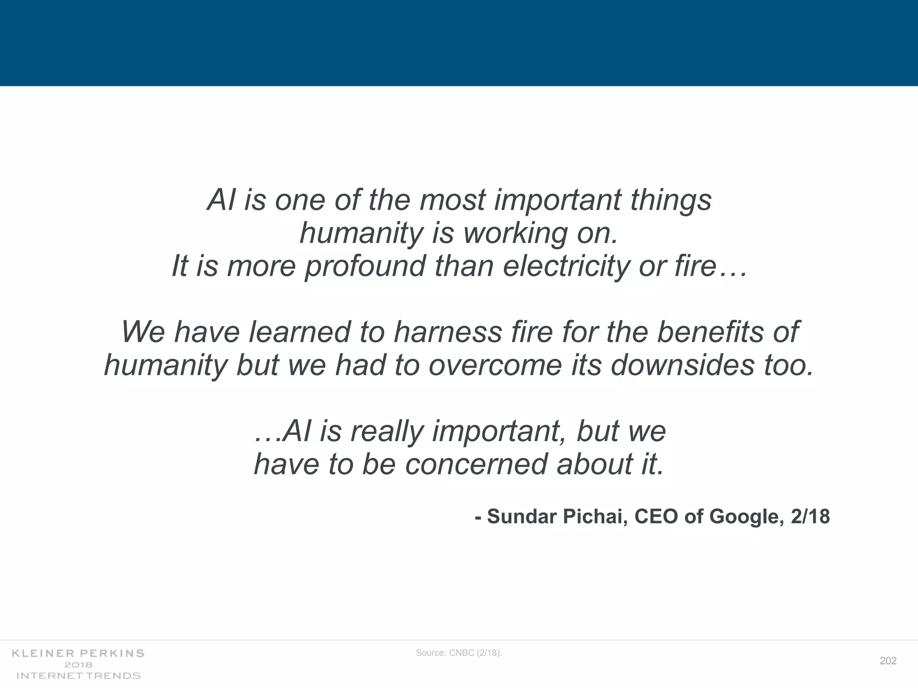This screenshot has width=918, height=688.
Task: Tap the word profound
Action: (365, 266)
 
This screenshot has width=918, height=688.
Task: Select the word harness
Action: (448, 332)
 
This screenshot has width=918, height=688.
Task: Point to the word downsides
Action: (682, 365)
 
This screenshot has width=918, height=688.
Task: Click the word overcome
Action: (495, 365)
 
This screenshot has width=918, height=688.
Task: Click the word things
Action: (671, 200)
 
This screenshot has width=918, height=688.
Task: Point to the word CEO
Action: (657, 516)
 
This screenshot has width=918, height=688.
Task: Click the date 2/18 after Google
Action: (810, 516)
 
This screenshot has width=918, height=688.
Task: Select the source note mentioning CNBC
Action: (459, 653)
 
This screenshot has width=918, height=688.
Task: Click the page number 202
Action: (888, 661)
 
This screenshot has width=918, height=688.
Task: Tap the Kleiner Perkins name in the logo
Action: (78, 654)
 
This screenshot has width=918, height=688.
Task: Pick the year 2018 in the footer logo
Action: (78, 665)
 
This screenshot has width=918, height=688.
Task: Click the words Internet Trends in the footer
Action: (78, 675)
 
